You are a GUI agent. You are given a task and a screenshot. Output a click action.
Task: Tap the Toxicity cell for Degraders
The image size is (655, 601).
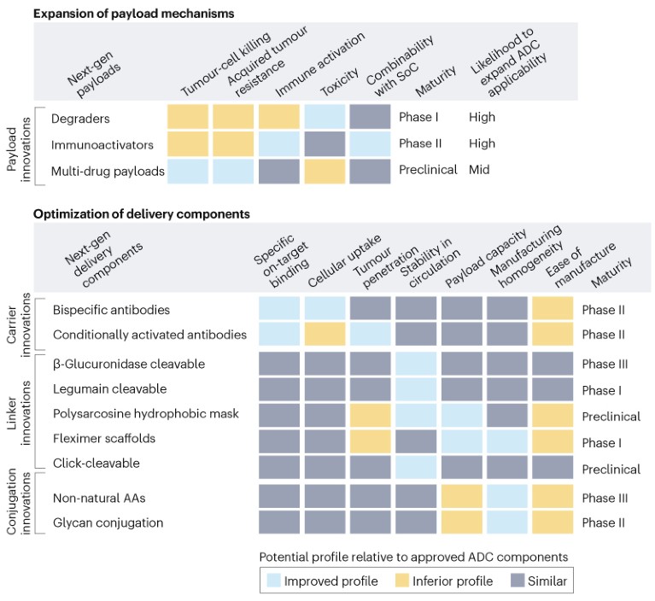coord(325,117)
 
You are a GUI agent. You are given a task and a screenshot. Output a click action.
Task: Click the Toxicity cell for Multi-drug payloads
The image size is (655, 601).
coord(325,171)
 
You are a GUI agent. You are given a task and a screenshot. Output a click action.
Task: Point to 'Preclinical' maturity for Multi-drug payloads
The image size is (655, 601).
coord(428,171)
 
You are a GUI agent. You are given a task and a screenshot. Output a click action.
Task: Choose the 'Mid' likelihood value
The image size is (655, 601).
coord(479,171)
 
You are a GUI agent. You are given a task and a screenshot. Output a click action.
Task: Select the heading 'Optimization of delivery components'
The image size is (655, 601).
coord(142,213)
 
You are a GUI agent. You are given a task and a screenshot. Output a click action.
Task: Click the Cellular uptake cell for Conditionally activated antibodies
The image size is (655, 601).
coord(325,335)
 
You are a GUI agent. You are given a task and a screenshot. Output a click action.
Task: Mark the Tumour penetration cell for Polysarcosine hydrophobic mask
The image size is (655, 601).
coord(371,417)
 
